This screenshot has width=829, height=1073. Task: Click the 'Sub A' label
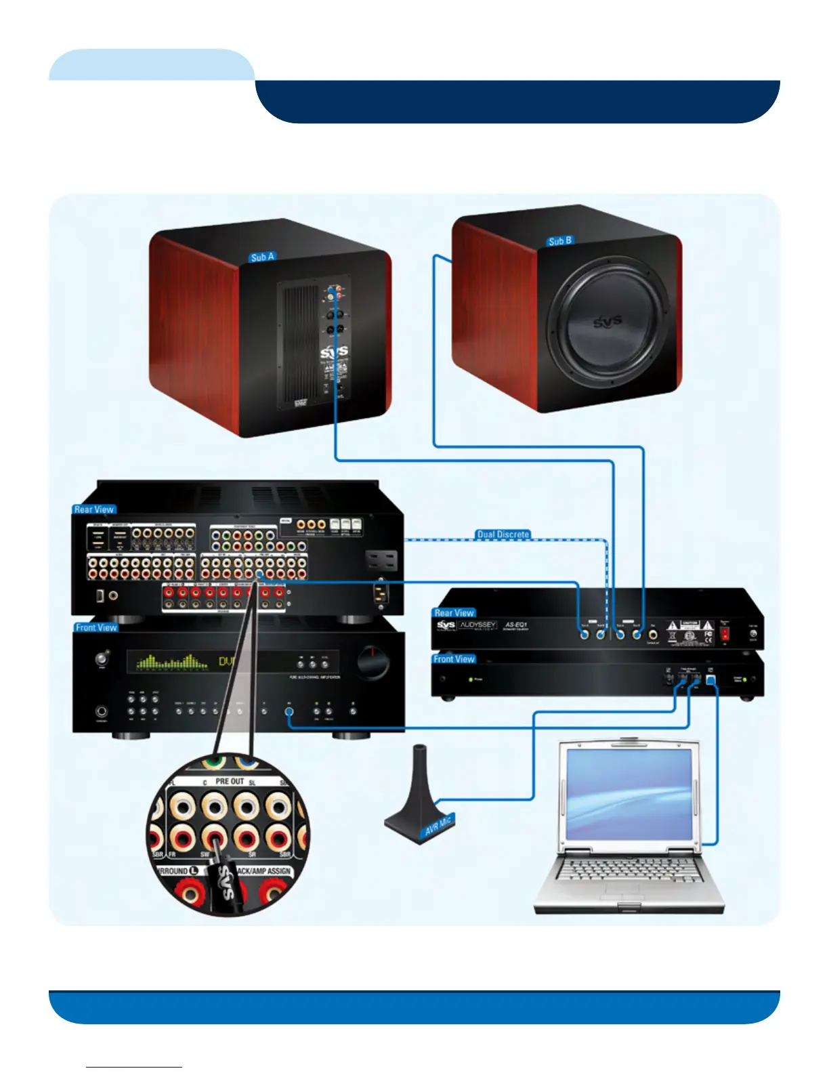[262, 257]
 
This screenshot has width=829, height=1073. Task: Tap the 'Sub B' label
[559, 241]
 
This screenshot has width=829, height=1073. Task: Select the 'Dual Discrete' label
[503, 534]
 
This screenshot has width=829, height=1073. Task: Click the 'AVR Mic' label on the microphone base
[438, 826]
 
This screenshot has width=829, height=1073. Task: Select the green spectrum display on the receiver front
[172, 661]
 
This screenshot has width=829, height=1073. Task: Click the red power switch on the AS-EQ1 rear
[725, 635]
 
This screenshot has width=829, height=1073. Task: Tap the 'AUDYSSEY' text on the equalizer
[478, 625]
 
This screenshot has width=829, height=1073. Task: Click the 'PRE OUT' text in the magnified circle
[230, 781]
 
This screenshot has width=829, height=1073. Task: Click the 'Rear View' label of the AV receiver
[94, 509]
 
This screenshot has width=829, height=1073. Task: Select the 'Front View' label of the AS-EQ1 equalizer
[454, 659]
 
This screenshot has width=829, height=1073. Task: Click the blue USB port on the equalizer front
[710, 679]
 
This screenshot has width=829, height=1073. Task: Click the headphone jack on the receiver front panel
[102, 712]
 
